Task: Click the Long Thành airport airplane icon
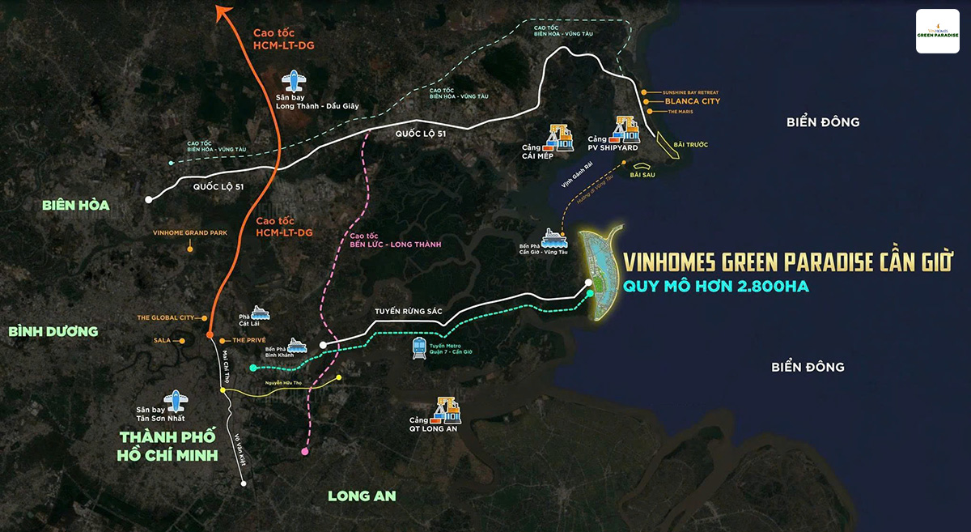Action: coord(294,82)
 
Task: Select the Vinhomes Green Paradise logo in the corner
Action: coord(937,32)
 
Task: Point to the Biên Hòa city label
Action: coord(75,206)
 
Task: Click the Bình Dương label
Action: coord(53,331)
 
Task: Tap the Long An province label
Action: coord(362,496)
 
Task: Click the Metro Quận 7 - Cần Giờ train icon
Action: coord(420,348)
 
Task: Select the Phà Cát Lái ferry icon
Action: coord(261,313)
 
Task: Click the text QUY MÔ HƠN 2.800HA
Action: coord(715,286)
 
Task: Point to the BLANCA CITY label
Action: coord(692,101)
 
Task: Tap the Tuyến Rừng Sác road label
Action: coord(410,309)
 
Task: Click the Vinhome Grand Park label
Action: coord(190,232)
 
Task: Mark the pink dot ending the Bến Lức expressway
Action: coord(304,451)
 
